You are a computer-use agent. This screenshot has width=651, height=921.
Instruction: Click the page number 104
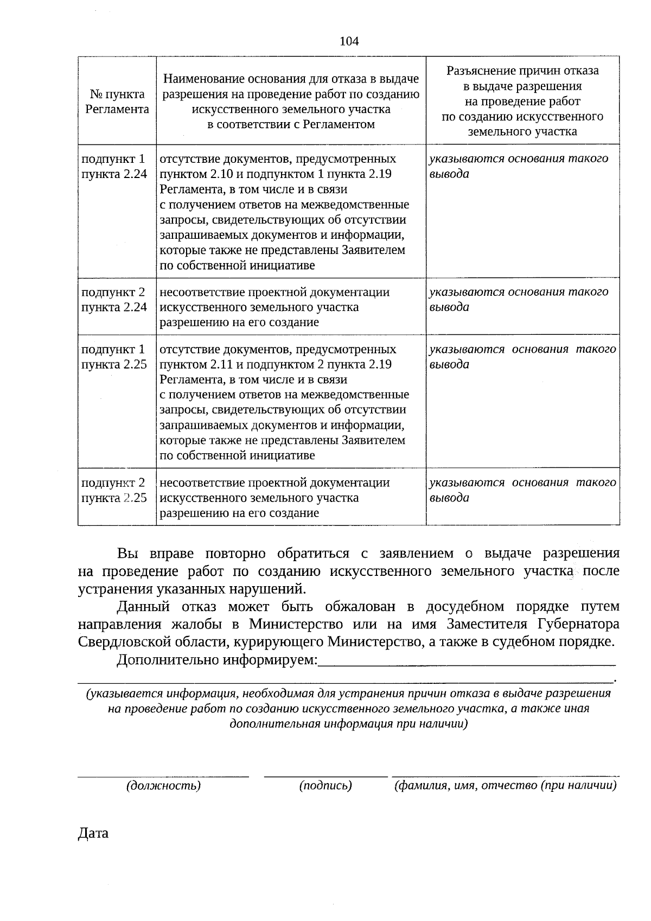tap(349, 41)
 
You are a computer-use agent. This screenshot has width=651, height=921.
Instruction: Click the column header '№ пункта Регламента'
tap(117, 101)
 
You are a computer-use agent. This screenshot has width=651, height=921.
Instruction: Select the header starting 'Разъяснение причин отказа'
tap(522, 101)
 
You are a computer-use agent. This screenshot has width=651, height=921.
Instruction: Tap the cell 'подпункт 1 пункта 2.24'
tap(114, 167)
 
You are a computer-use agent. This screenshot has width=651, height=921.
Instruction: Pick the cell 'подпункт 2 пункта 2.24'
tap(114, 300)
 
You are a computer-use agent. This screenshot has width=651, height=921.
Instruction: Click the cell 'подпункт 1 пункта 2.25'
tap(114, 357)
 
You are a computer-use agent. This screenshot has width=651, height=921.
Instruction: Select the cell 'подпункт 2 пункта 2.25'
tap(114, 490)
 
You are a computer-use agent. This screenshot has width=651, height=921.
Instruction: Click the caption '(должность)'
tap(163, 785)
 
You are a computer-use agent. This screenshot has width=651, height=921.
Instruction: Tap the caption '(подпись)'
tap(325, 785)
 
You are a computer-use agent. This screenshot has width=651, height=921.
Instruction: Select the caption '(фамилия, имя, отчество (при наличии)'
tap(505, 785)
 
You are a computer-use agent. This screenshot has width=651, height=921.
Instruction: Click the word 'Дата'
tap(93, 833)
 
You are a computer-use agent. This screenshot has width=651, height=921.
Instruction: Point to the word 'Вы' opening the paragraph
tap(127, 554)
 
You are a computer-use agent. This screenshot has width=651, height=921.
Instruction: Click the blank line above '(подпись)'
tap(325, 774)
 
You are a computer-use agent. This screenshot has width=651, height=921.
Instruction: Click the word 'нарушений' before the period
tap(269, 589)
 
